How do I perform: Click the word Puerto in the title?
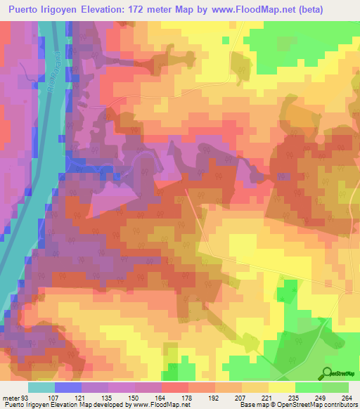click(23, 10)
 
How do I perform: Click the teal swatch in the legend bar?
click(41, 387)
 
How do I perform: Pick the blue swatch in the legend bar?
click(68, 387)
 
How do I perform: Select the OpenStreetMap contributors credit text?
click(320, 405)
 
